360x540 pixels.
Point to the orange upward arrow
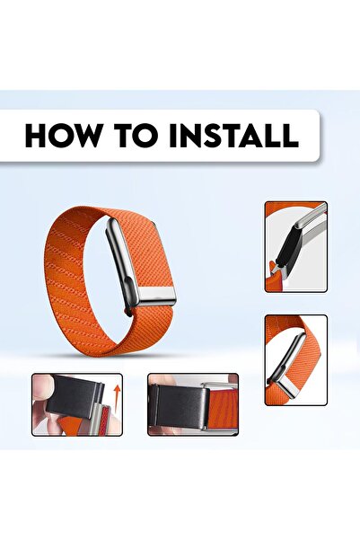pos(116,396)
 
